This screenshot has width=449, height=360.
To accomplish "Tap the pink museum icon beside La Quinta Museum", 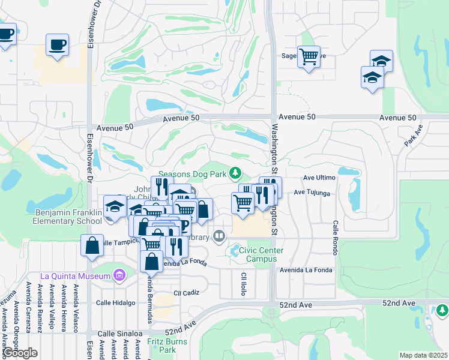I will (x=119, y=276).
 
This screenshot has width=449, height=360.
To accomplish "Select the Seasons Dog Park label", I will (x=193, y=174).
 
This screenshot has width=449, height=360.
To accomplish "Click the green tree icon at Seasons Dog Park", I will (x=236, y=173).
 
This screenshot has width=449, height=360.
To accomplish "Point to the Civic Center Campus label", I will (x=258, y=254).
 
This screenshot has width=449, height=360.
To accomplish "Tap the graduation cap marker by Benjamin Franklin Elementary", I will (x=114, y=206).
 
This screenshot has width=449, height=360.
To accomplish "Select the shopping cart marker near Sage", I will (x=309, y=57).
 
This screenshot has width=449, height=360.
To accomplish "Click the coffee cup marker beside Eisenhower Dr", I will (x=57, y=45).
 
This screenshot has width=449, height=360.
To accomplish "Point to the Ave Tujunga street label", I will (x=312, y=193).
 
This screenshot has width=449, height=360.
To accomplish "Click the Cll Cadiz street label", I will (x=186, y=293).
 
